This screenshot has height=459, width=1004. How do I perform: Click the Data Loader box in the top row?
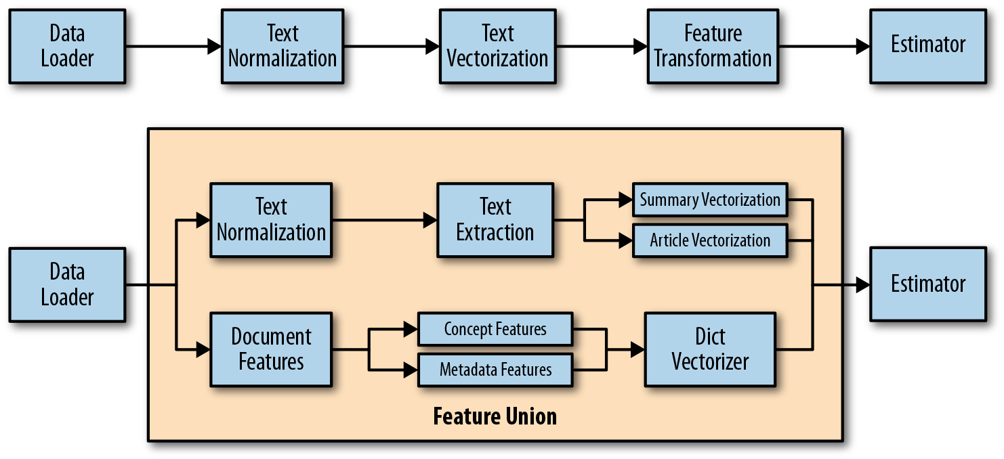tap(66, 46)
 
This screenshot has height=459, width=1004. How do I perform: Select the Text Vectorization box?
tap(497, 46)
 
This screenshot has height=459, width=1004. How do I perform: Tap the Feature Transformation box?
tap(712, 46)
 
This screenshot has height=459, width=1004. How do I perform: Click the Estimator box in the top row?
tap(927, 46)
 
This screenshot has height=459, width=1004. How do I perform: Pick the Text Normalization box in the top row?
tap(282, 46)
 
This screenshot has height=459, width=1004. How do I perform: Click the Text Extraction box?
tap(495, 220)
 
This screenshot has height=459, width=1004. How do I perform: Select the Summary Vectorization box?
tap(709, 200)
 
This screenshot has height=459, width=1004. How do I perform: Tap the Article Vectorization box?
tap(709, 240)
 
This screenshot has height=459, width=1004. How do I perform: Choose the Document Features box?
tap(270, 349)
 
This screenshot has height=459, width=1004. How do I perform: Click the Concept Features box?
tap(495, 329)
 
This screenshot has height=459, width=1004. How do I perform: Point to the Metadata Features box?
tap(495, 370)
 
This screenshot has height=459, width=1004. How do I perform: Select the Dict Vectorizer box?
tap(709, 349)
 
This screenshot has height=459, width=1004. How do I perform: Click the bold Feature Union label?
tap(495, 416)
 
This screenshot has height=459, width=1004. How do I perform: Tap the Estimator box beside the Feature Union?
tap(927, 284)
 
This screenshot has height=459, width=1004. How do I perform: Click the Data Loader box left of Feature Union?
tap(66, 284)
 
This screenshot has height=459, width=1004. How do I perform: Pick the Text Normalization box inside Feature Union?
tap(270, 220)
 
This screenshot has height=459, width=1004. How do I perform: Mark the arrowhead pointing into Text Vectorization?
tap(432, 46)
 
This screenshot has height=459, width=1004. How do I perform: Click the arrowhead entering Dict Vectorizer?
tap(637, 349)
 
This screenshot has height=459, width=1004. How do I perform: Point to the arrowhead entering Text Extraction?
tap(430, 220)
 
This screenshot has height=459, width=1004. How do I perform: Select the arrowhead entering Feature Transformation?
tap(640, 46)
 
